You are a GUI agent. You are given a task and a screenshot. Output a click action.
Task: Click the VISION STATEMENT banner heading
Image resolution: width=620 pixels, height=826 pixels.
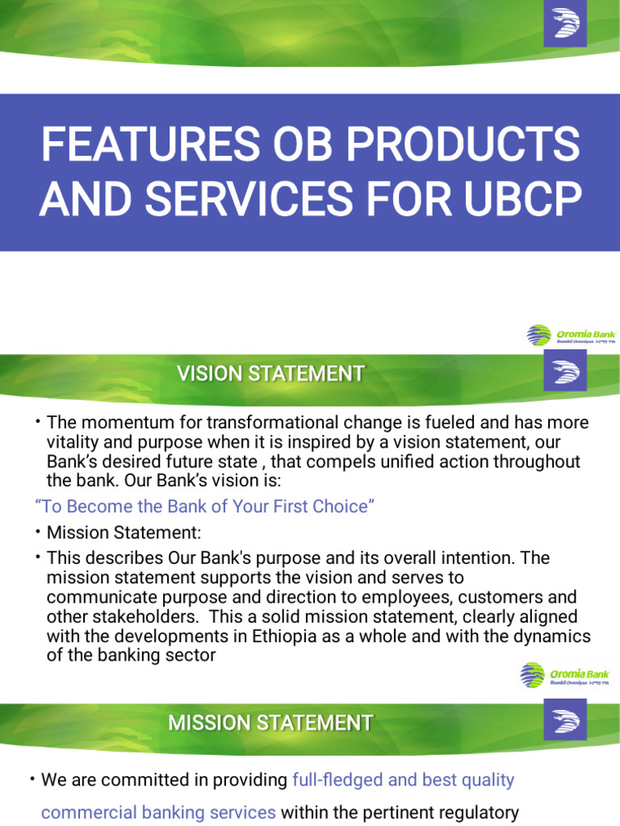270,374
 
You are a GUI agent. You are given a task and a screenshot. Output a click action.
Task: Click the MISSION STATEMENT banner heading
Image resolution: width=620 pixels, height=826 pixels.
270,723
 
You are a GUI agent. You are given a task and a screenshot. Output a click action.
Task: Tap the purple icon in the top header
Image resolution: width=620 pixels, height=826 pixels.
566,25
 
